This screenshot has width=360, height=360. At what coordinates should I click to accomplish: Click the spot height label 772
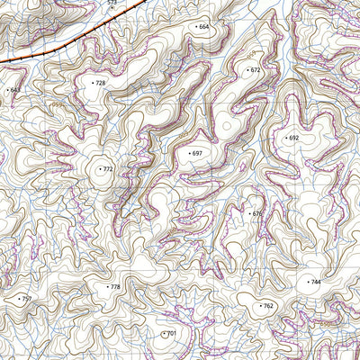click(x=108, y=169)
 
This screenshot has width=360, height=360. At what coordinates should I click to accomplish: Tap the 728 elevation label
click(x=100, y=83)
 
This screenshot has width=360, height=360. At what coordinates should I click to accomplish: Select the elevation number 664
click(x=203, y=27)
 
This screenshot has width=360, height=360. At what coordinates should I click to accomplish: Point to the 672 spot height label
click(x=255, y=69)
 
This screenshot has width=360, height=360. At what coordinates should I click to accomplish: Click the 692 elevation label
click(x=293, y=138)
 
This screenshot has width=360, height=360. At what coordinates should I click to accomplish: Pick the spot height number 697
click(x=198, y=154)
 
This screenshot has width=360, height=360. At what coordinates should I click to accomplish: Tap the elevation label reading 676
click(x=257, y=214)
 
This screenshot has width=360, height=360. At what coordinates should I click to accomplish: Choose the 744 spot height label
click(x=315, y=282)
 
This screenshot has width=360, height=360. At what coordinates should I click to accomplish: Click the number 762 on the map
click(x=268, y=306)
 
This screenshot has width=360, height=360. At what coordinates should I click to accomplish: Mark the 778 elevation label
click(x=114, y=286)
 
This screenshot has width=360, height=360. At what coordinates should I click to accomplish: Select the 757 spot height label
click(x=26, y=299)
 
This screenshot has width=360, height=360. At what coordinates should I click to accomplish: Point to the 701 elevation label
click(x=172, y=334)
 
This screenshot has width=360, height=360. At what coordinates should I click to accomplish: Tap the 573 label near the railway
click(x=112, y=4)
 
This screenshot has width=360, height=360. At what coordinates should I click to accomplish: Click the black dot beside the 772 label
click(x=99, y=169)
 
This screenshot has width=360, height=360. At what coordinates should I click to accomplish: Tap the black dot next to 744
click(x=306, y=282)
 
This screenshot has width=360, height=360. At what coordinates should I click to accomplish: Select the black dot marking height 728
click(x=92, y=83)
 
